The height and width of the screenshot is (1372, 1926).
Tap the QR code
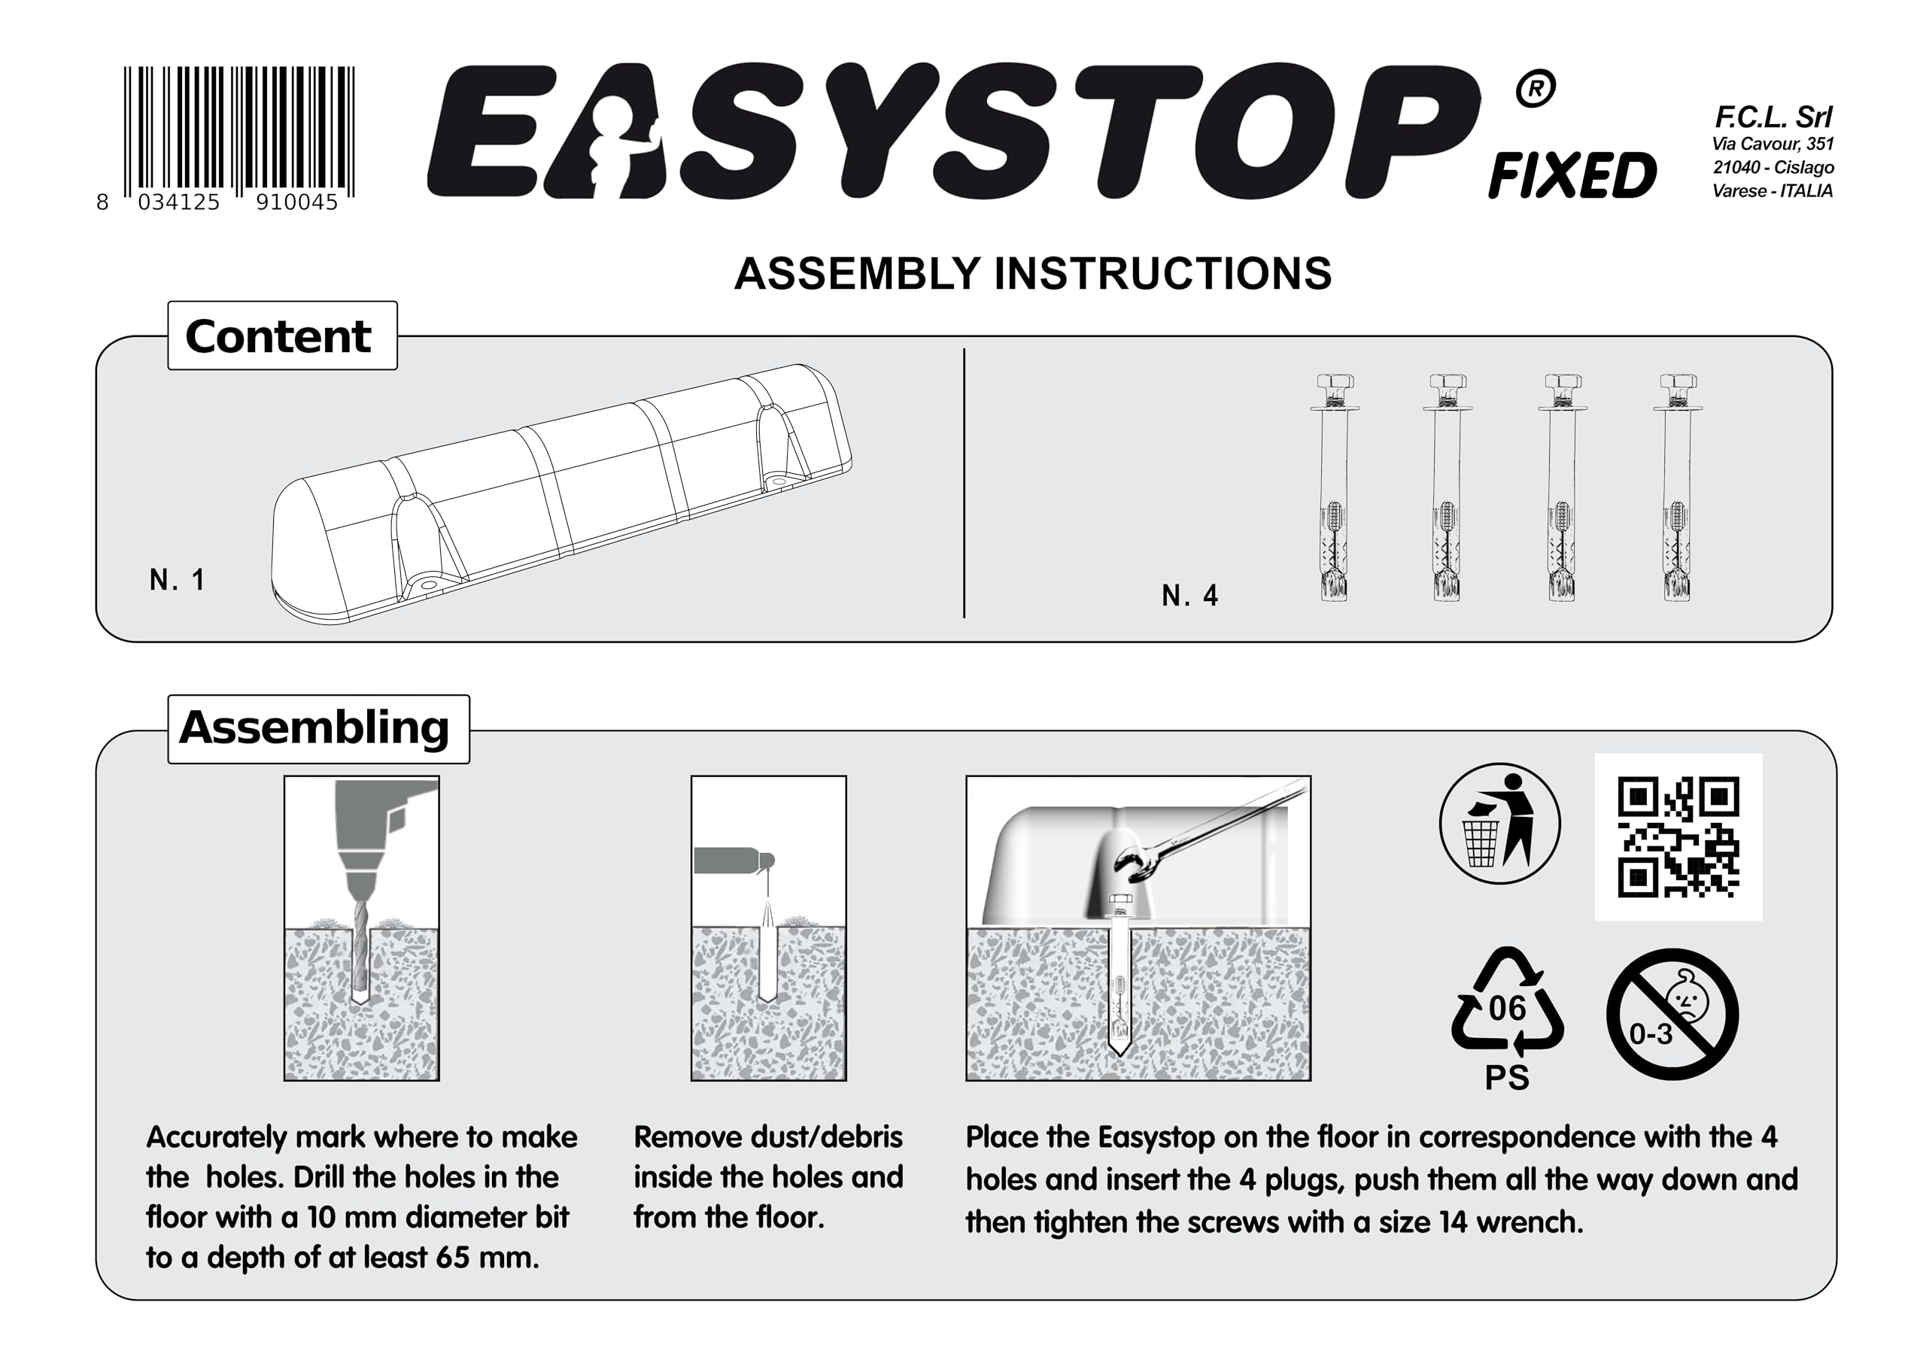pos(1678,836)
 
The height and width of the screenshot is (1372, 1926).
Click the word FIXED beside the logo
pos(1572,176)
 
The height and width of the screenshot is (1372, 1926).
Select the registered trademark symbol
pos(1535,89)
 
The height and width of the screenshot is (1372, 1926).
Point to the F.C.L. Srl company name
pos(1773,117)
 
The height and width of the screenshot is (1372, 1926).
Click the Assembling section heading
pos(314,728)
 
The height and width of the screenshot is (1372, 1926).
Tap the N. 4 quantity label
pos(1189,596)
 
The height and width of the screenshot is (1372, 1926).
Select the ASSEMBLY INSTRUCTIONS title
pos(1032,274)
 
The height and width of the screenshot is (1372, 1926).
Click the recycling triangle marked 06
pos(1507,1001)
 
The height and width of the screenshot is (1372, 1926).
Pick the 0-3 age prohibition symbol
pos(1672,1014)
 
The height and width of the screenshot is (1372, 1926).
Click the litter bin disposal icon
pos(1499,824)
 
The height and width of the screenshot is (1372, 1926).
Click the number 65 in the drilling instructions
pos(453,1257)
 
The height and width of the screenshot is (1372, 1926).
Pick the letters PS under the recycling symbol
pos(1507,1078)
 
